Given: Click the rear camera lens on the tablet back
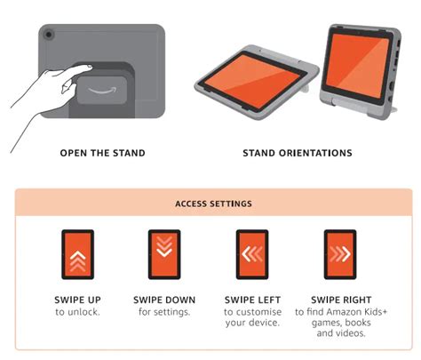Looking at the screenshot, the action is [x=49, y=35].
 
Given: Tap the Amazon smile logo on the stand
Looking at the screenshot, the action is [x=102, y=90].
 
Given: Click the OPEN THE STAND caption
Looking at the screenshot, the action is [x=102, y=153].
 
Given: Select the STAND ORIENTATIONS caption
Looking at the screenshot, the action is [x=298, y=153].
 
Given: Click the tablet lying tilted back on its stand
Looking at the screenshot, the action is [x=256, y=83].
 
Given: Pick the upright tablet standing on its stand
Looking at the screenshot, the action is [x=361, y=71].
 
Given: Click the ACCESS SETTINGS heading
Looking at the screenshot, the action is [x=213, y=204].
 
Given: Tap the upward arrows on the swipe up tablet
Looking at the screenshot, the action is [x=78, y=260].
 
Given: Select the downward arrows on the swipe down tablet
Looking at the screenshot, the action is [x=164, y=246].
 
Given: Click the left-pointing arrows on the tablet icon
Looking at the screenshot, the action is [x=252, y=254].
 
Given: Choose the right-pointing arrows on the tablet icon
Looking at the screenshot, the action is [x=340, y=254].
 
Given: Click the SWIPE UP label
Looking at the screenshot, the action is [x=77, y=300].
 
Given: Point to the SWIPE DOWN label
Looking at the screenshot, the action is [x=164, y=300].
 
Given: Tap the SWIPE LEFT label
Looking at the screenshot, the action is [x=252, y=300].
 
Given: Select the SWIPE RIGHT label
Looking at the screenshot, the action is [x=341, y=300].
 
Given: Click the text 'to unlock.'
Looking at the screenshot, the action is [x=77, y=312].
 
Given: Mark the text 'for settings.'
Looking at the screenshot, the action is [x=164, y=312].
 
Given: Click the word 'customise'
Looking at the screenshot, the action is [x=258, y=312].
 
